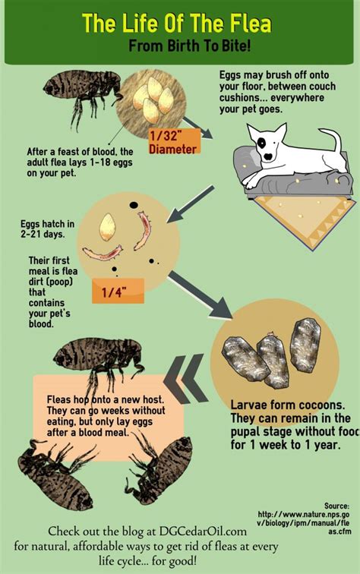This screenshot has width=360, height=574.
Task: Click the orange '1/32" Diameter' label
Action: tap(173, 141)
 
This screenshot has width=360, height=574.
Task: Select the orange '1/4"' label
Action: tap(118, 290)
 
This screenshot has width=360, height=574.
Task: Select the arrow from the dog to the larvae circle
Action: tap(182, 206)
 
